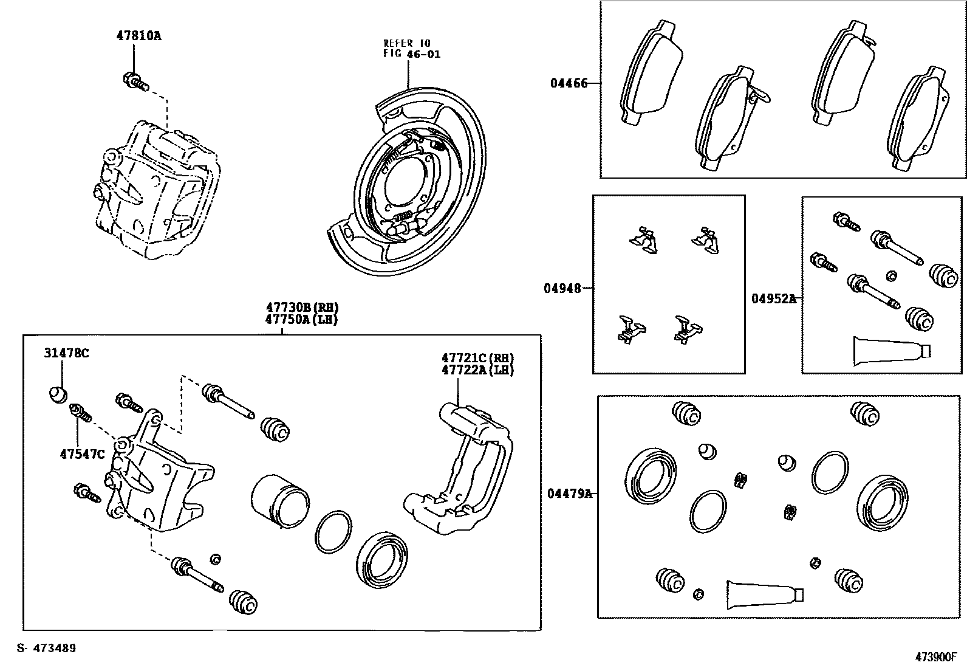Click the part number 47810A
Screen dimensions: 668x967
click(138, 35)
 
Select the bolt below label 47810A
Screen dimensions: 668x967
click(135, 81)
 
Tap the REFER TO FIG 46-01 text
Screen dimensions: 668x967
click(411, 49)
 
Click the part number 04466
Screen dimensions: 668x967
click(569, 83)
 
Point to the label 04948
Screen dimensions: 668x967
click(562, 288)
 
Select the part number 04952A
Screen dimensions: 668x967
click(773, 298)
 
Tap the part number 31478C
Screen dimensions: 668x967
click(66, 353)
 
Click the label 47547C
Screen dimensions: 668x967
click(82, 453)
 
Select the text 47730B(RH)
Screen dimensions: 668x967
click(301, 308)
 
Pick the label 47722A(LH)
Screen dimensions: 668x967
click(477, 370)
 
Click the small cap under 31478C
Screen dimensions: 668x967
click(58, 394)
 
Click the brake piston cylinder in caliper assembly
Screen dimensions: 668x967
click(279, 500)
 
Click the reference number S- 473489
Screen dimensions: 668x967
click(46, 648)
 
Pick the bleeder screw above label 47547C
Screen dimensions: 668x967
click(81, 413)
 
